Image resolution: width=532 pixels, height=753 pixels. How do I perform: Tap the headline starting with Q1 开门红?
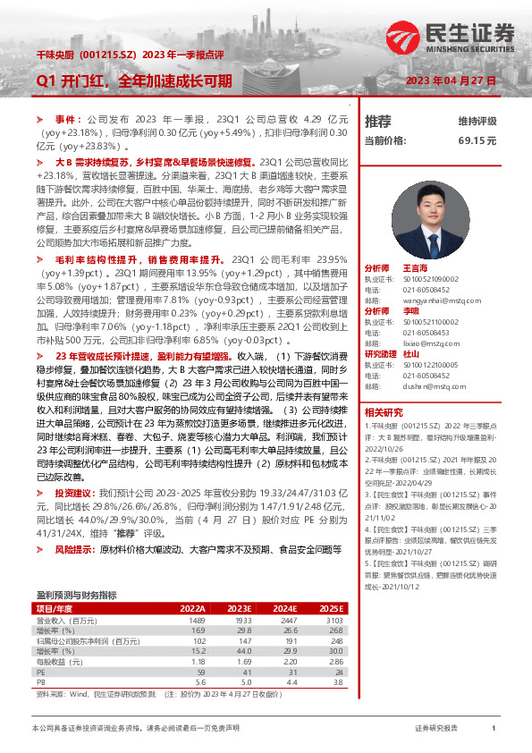tap(133, 80)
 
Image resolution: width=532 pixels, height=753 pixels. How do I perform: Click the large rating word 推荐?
tap(378, 121)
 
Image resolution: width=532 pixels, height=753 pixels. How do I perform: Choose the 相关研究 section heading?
tap(384, 412)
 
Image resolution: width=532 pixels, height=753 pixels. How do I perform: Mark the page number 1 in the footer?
tap(494, 729)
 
